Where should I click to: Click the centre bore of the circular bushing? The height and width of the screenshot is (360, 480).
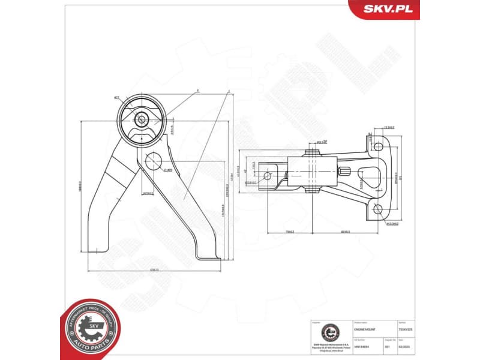pos(142,119)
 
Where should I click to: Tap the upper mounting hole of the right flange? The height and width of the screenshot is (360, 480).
pos(377,145)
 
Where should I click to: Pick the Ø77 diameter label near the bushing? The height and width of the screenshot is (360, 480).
pos(117,97)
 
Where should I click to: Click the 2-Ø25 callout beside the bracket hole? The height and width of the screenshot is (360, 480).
pos(168,170)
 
